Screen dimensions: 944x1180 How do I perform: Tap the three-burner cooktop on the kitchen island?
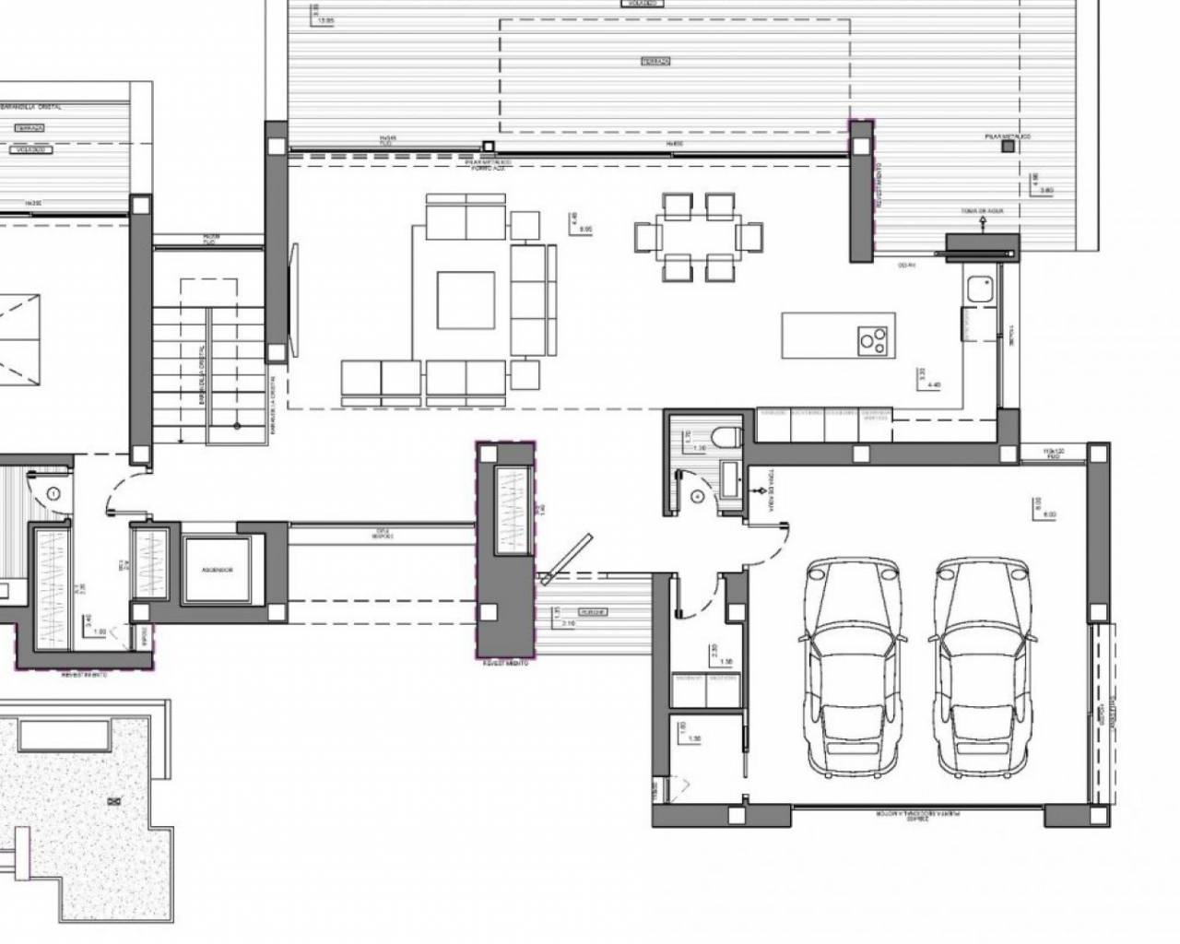pyautogui.click(x=873, y=339)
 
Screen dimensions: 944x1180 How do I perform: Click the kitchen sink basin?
pyautogui.click(x=979, y=288)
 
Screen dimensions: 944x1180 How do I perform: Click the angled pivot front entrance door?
pyautogui.click(x=564, y=559)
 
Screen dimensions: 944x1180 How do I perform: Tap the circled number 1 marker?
pyautogui.click(x=53, y=494)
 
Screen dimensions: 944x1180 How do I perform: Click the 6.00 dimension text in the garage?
pyautogui.click(x=1048, y=513)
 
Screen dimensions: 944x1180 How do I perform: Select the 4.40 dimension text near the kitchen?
pyautogui.click(x=933, y=385)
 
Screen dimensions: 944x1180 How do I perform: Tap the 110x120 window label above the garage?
pyautogui.click(x=1052, y=453)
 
